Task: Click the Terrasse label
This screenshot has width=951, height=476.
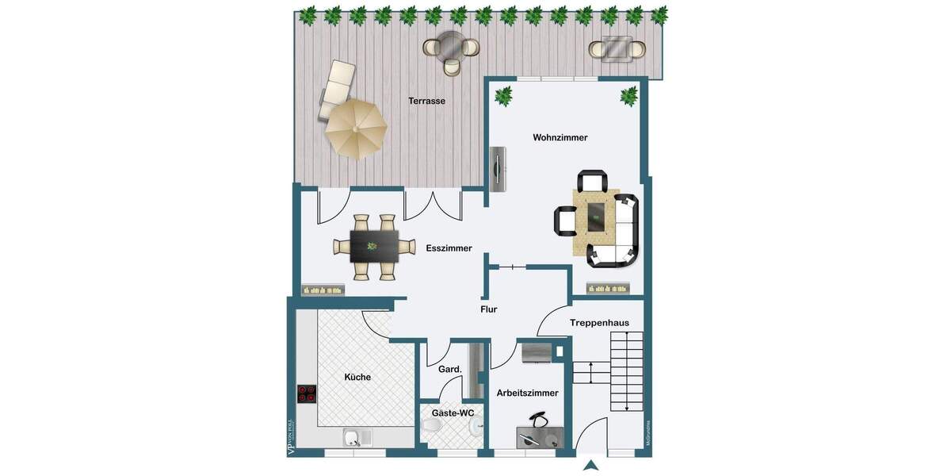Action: click(426, 101)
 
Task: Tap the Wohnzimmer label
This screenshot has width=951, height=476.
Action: click(560, 137)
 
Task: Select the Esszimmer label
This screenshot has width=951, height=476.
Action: click(449, 248)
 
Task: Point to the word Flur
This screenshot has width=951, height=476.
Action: click(488, 309)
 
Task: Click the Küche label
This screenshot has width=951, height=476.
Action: click(357, 377)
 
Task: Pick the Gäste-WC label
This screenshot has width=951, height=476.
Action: click(453, 413)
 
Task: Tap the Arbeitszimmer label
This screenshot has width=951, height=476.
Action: click(527, 393)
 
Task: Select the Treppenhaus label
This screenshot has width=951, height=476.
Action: click(599, 322)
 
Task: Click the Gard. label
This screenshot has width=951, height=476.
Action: click(450, 369)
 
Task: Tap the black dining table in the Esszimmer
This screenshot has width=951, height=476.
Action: click(374, 247)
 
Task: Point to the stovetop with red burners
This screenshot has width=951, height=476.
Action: click(307, 394)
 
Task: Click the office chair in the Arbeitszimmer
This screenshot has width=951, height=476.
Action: click(540, 420)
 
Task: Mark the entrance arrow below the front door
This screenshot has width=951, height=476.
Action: click(590, 465)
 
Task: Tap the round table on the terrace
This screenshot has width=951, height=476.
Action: click(452, 46)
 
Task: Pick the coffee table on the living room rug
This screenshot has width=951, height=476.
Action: click(597, 213)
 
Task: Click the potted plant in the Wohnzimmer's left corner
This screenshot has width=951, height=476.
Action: click(503, 97)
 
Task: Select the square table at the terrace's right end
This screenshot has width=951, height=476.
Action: click(616, 48)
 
